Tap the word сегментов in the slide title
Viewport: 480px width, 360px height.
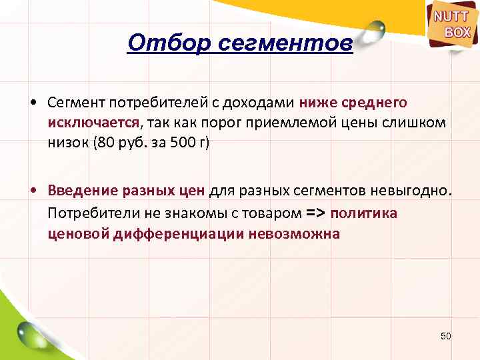(280, 44)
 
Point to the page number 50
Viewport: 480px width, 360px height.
(446, 336)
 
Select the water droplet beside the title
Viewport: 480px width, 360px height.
(376, 29)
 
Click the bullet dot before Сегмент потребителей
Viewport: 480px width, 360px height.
(32, 103)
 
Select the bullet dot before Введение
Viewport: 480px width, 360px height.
(32, 190)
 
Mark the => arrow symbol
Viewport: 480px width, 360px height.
(315, 213)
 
